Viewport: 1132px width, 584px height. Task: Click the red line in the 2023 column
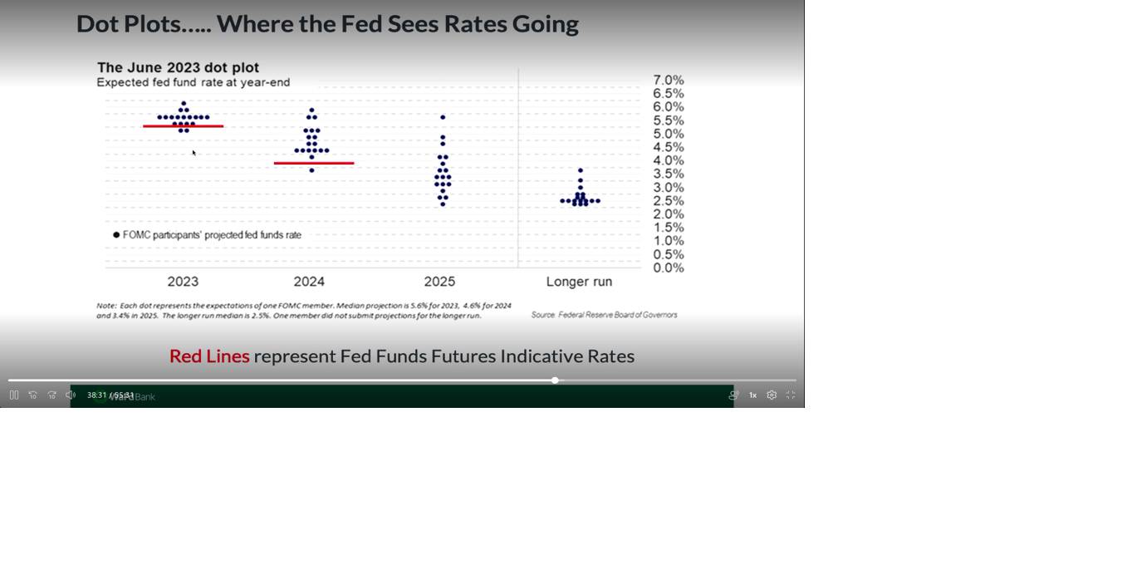[183, 126]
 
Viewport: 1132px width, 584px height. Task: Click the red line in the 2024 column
[314, 163]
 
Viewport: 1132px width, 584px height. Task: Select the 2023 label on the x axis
[183, 282]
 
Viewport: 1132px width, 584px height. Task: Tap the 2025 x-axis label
[439, 282]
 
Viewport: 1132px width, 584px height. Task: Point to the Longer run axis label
[579, 282]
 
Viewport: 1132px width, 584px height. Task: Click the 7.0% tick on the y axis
[668, 81]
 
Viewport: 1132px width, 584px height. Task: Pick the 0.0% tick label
[668, 267]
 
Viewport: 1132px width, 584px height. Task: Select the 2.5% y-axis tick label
[668, 201]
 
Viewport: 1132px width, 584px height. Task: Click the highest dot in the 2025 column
[443, 117]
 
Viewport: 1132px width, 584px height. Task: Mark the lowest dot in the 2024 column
[311, 170]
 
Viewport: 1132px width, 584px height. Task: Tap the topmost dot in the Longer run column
[581, 170]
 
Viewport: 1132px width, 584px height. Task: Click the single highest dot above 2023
[184, 103]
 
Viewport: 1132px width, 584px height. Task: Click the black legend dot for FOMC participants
[116, 235]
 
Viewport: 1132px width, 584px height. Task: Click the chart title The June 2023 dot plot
[178, 67]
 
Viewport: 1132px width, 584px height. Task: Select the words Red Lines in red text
[209, 356]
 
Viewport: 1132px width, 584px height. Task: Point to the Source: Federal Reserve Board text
[604, 315]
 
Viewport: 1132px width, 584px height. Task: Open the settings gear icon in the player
[772, 395]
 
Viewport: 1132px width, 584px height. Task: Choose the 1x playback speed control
[752, 395]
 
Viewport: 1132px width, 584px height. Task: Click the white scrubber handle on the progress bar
[555, 380]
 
